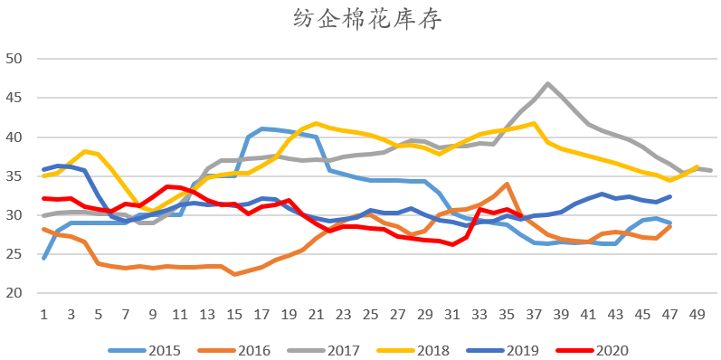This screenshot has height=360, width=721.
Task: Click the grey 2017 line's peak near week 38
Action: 548,84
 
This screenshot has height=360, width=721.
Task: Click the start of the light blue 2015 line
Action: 43,259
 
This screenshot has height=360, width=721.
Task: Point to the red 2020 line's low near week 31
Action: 452,244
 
